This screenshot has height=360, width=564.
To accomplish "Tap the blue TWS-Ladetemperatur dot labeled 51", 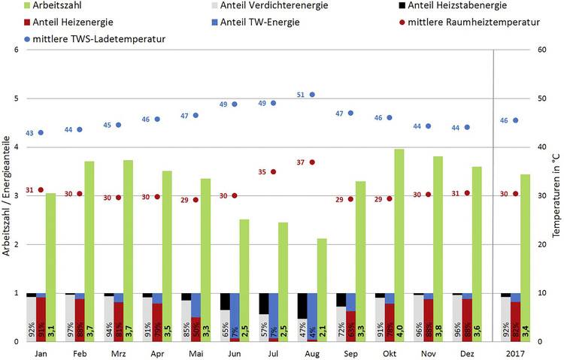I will (312, 95).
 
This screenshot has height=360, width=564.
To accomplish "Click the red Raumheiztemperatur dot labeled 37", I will (312, 162).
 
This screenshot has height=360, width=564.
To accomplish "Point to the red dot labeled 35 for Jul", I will (273, 171).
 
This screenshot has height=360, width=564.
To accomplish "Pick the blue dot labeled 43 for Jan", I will (41, 132).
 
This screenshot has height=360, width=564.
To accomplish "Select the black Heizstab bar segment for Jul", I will (264, 303).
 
